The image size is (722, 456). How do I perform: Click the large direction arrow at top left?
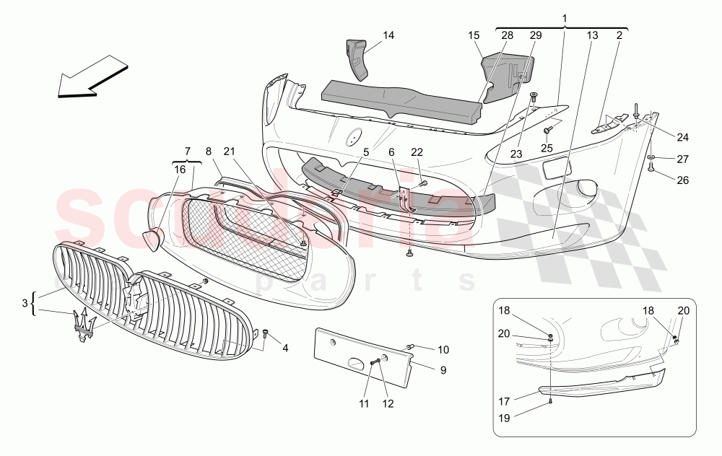click(92, 74)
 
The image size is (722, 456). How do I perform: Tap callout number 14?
click(389, 35)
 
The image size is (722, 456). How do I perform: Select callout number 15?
click(474, 35)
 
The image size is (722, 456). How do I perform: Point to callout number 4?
click(285, 348)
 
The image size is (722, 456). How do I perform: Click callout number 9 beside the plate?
click(443, 370)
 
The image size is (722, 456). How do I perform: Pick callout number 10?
click(443, 350)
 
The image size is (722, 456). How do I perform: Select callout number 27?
click(682, 159)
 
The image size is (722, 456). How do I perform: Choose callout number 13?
click(592, 35)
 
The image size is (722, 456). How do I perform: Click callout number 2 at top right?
click(619, 35)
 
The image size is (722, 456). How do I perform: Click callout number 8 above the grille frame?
click(208, 151)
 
